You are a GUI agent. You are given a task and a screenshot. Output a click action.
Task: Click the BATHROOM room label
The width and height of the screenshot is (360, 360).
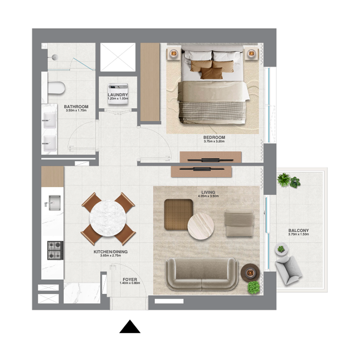click(x=76, y=107)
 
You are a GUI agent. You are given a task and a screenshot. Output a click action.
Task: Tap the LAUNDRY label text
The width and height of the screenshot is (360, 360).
click(x=118, y=95)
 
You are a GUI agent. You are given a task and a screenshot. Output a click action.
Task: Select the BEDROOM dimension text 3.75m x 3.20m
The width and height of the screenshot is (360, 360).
click(x=214, y=141)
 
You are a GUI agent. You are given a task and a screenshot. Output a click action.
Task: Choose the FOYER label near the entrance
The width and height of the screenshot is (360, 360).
click(x=130, y=279)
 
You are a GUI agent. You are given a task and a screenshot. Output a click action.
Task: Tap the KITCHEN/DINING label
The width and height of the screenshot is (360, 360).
click(x=108, y=252)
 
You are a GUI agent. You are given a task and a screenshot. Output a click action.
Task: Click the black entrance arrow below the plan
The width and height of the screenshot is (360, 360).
click(x=130, y=327)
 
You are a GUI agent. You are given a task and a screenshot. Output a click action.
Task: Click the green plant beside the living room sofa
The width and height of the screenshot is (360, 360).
click(x=254, y=287)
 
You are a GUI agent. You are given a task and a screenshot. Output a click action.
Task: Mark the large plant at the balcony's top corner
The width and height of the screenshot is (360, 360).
click(x=284, y=180)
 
